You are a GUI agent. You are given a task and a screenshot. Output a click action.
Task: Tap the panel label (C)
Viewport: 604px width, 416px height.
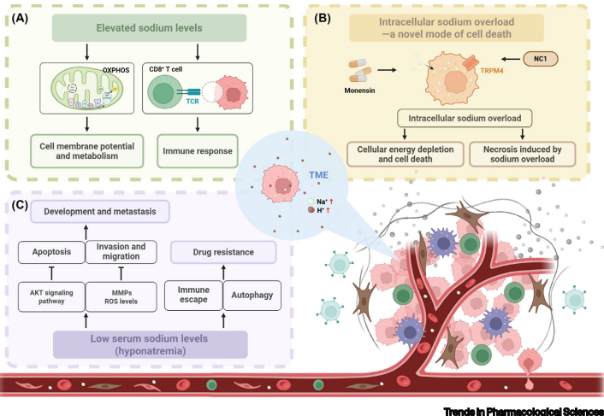tap(19, 205)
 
